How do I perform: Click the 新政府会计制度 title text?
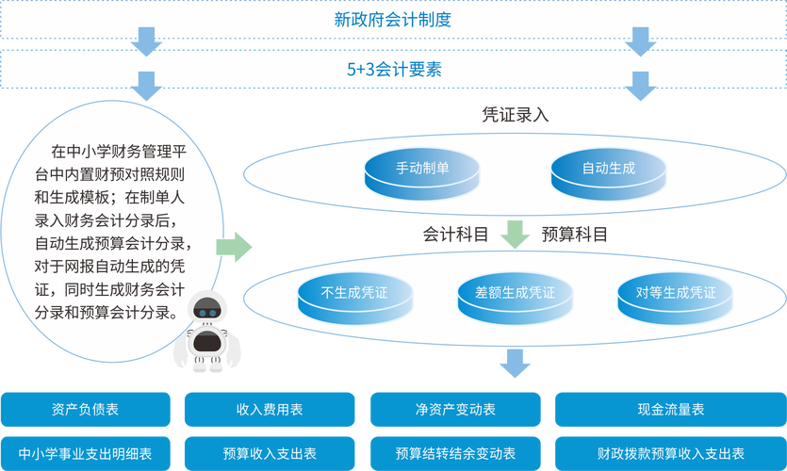[x=393, y=18]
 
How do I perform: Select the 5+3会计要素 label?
[x=393, y=69]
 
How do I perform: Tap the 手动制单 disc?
[x=421, y=170]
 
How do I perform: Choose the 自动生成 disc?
[x=608, y=170]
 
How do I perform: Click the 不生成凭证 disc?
[x=354, y=293]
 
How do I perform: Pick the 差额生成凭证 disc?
[x=515, y=293]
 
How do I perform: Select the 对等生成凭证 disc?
[x=676, y=293]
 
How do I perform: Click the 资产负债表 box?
[x=86, y=410]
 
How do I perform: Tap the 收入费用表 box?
[x=270, y=410]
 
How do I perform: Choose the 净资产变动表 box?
[x=455, y=410]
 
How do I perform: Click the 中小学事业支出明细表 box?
[x=86, y=453]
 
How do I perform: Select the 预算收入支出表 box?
[x=270, y=453]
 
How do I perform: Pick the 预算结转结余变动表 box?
[x=455, y=453]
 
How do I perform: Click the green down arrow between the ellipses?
[x=515, y=234]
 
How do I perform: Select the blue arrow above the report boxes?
[x=515, y=364]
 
